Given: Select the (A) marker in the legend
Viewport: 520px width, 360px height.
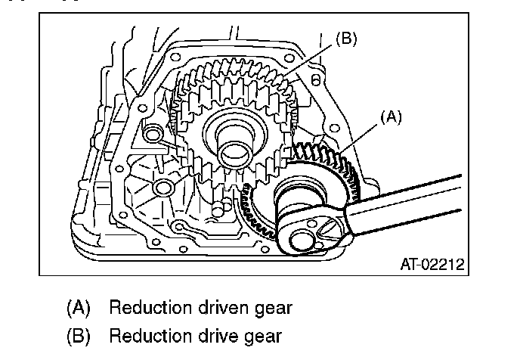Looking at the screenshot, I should coord(79,309).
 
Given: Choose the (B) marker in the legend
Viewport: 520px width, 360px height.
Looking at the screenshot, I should coord(79,335).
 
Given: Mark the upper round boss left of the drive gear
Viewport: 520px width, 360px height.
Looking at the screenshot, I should coord(153,135).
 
